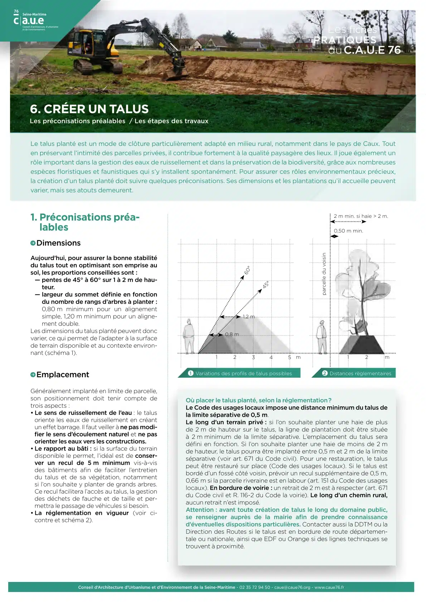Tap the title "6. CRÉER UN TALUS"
89,109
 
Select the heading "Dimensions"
58,243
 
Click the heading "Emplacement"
63,375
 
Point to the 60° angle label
247,270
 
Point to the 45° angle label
266,285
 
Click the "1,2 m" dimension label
249,317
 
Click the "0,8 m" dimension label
232,334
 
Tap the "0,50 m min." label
348,231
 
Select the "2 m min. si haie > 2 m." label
361,216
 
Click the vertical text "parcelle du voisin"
324,274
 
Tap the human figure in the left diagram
189,336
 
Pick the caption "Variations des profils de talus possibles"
243,373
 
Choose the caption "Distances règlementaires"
360,373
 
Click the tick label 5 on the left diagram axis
290,357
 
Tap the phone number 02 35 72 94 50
255,587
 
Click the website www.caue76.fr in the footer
329,587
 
